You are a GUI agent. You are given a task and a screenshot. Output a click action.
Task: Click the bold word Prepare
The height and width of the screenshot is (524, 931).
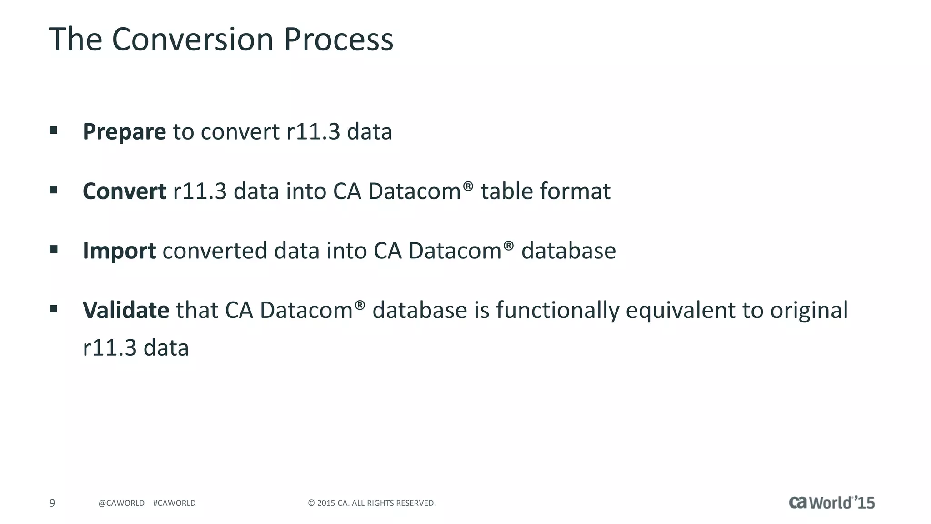point(124,132)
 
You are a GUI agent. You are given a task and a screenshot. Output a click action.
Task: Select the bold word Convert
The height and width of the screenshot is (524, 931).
point(124,191)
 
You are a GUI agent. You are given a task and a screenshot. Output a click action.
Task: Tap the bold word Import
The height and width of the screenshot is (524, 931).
point(119,251)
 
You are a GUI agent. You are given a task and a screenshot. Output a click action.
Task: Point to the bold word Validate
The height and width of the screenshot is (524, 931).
point(126,311)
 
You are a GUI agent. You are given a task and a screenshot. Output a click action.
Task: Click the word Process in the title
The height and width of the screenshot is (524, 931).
point(338,40)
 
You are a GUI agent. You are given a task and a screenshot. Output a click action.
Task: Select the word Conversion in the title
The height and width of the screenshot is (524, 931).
point(192,40)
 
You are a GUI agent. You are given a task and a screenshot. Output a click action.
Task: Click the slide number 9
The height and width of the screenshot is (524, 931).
point(52,503)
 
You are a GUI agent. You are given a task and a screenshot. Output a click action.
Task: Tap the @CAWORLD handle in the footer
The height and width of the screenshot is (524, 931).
point(121,503)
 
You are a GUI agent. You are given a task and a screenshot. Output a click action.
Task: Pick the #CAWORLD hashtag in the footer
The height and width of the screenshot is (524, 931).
point(174,503)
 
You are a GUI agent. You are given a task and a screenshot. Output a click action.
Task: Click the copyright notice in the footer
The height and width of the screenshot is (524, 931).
point(372,503)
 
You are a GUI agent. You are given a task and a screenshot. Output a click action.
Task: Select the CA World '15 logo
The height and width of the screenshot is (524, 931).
point(831,502)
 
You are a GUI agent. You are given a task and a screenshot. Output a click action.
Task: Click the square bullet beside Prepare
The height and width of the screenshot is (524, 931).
point(54,131)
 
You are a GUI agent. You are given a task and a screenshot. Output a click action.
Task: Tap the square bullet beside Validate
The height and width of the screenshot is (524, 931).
point(54,309)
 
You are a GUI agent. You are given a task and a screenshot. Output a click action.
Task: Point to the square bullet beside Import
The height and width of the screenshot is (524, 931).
point(54,249)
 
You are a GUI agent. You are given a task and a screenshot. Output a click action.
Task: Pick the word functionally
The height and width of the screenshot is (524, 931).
point(557,311)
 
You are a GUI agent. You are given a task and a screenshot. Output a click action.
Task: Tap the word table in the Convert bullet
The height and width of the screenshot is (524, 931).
point(506,191)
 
